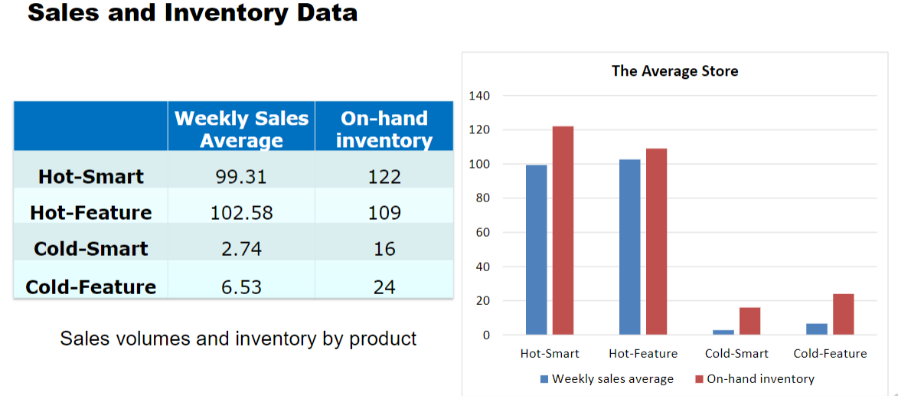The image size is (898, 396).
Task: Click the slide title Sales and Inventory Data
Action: coord(192,13)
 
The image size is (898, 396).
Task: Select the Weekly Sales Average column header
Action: coord(241,129)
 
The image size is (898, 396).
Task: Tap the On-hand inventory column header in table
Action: coord(384,129)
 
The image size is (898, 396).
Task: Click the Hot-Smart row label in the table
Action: coord(90,176)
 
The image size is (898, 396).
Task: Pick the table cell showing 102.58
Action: coord(241,212)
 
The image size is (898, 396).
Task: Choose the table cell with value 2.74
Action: coord(241,248)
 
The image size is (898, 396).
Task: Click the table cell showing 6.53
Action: coord(241,286)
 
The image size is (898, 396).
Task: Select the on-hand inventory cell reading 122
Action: coord(384,176)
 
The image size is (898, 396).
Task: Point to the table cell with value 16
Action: coord(384,248)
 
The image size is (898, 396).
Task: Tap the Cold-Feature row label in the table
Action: coord(90,286)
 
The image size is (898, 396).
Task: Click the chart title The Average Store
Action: coord(674,71)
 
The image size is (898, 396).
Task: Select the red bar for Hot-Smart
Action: coord(563,230)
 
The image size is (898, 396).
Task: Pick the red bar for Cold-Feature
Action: coord(843,314)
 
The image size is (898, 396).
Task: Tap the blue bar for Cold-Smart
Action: coord(723,332)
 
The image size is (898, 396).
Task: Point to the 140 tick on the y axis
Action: coord(478,96)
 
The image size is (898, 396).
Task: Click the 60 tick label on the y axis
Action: coord(482,232)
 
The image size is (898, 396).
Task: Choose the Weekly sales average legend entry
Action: coord(606,378)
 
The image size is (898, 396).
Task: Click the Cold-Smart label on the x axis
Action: coord(736,353)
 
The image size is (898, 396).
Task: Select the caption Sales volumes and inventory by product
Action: coord(238,338)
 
